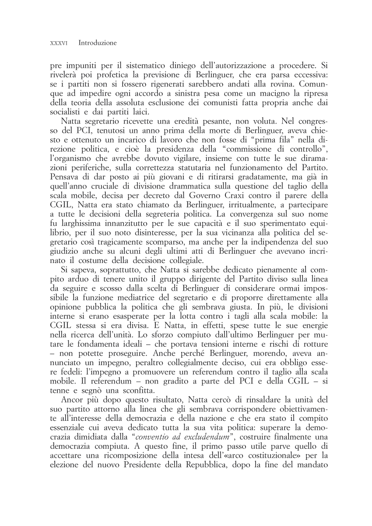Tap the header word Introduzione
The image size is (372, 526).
click(x=98, y=43)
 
